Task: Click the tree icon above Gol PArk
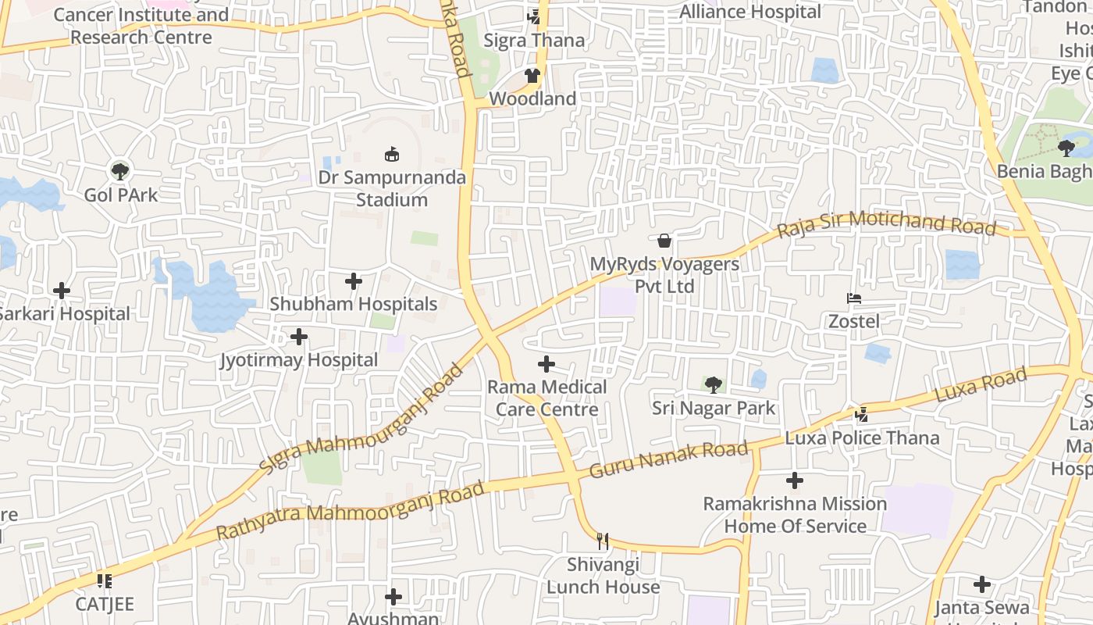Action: tap(120, 171)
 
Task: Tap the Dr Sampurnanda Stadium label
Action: tap(392, 188)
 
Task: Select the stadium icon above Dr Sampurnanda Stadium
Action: tap(392, 155)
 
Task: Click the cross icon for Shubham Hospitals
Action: tap(354, 280)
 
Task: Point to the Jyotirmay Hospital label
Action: tap(299, 360)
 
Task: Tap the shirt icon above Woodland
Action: tap(532, 76)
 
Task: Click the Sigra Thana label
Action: tap(534, 41)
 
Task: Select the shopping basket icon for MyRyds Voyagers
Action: tap(664, 241)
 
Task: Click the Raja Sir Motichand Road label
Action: tap(886, 223)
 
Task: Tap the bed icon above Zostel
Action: tap(854, 298)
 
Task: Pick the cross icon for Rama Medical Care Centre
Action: tap(546, 364)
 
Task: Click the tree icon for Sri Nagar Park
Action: tap(713, 384)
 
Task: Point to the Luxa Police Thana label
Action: tap(862, 437)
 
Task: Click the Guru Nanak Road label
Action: tap(668, 460)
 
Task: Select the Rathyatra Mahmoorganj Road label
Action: tap(350, 512)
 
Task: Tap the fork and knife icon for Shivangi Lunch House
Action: tap(602, 541)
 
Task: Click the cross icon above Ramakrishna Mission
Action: tap(795, 480)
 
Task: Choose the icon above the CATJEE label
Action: tap(105, 580)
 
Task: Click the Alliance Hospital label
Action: tap(750, 12)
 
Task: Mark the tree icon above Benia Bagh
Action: tap(1066, 148)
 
